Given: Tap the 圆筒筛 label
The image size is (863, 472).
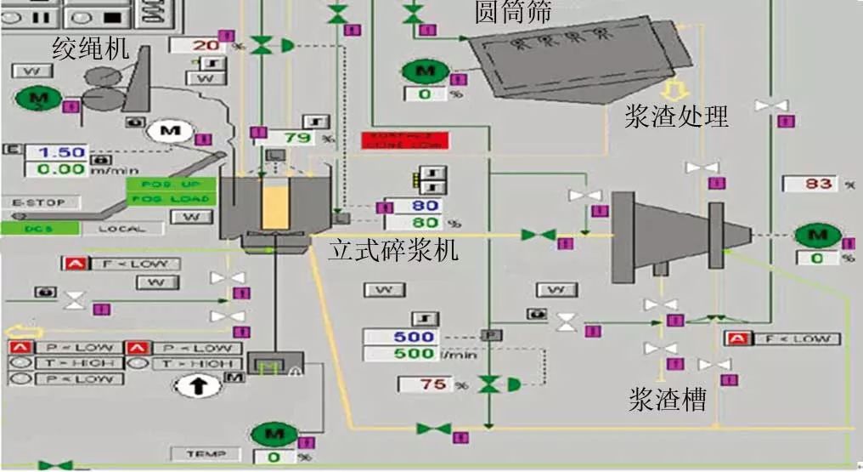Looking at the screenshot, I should pyautogui.click(x=513, y=12).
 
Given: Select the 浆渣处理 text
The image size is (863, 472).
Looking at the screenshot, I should pyautogui.click(x=676, y=117).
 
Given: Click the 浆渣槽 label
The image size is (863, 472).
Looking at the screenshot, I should pyautogui.click(x=668, y=400).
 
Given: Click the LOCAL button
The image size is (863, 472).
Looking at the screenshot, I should pyautogui.click(x=122, y=228).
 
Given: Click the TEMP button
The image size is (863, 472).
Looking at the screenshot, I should pyautogui.click(x=206, y=454).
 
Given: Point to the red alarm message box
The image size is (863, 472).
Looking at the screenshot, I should pyautogui.click(x=404, y=140).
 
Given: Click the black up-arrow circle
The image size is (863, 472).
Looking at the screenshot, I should pyautogui.click(x=195, y=386).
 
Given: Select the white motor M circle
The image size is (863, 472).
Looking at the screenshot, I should pyautogui.click(x=171, y=131).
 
